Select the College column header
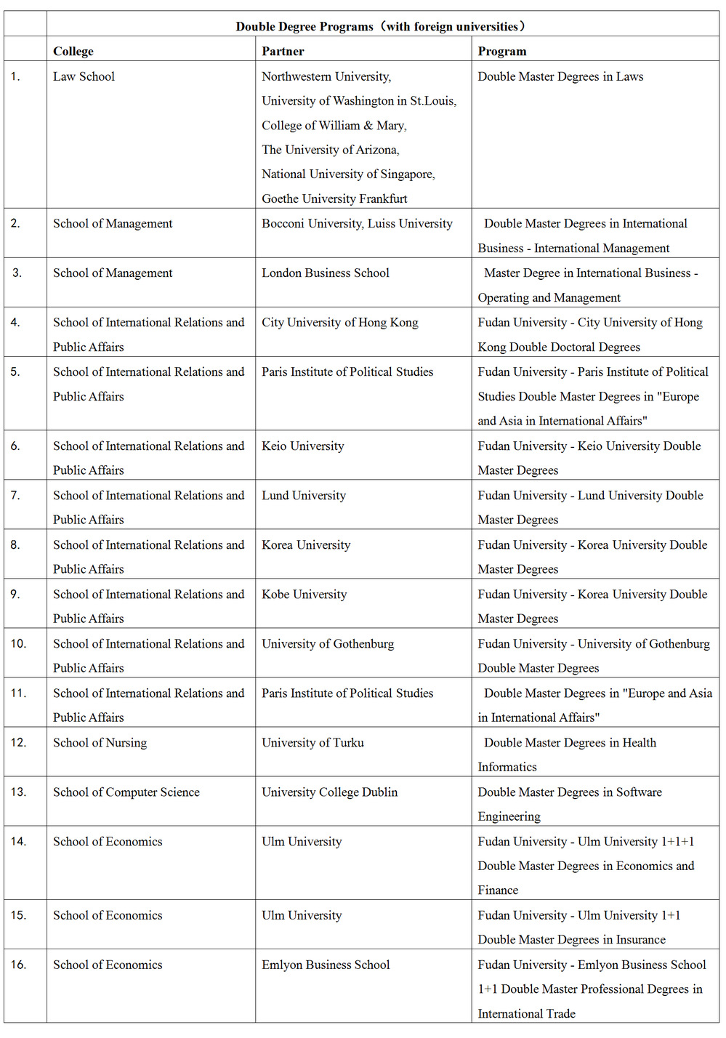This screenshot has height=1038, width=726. [73, 52]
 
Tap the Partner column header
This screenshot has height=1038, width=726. [283, 52]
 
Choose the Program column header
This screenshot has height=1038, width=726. [501, 52]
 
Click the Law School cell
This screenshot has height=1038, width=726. [84, 76]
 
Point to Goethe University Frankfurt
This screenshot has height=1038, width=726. [334, 198]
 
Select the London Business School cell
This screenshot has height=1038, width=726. [326, 273]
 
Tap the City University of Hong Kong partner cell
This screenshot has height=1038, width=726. [339, 323]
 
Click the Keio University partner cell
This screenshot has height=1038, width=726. [302, 446]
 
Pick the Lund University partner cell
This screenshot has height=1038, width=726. [304, 496]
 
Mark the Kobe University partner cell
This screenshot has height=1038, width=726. [304, 595]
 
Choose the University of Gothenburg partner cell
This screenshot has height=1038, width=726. [328, 644]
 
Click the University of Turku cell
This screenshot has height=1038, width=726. [312, 743]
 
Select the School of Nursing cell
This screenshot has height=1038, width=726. [100, 743]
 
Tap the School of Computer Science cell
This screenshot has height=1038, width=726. [126, 792]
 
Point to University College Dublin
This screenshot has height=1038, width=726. [329, 792]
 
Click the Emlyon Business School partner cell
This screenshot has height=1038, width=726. [326, 965]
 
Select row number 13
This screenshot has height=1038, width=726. [18, 792]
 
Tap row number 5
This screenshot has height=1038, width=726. [15, 372]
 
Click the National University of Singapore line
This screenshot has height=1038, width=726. [348, 174]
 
